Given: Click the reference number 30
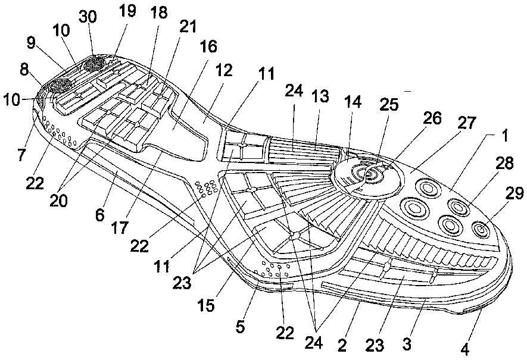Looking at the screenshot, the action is click(x=88, y=17).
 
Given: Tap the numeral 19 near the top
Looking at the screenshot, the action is click(x=127, y=11).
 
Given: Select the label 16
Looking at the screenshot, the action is click(x=208, y=46).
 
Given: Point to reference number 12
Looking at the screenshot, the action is click(x=224, y=71).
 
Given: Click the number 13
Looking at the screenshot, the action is click(x=320, y=96).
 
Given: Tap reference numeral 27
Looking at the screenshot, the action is click(x=466, y=123).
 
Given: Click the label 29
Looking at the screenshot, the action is click(x=514, y=194).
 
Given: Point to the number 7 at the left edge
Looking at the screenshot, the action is click(x=21, y=155).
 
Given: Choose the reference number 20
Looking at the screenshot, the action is click(x=58, y=201).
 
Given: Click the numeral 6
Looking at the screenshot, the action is click(x=100, y=215).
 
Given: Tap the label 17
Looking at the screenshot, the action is click(x=120, y=228).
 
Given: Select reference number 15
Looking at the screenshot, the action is click(x=206, y=305).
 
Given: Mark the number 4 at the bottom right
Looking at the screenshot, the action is click(x=465, y=350).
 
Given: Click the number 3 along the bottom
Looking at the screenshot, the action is click(x=407, y=344).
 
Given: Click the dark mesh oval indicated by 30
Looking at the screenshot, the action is click(x=95, y=64).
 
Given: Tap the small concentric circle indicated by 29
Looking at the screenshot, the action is click(x=481, y=230).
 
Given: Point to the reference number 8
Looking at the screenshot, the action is click(x=24, y=71).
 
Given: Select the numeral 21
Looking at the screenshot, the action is click(x=188, y=27).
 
